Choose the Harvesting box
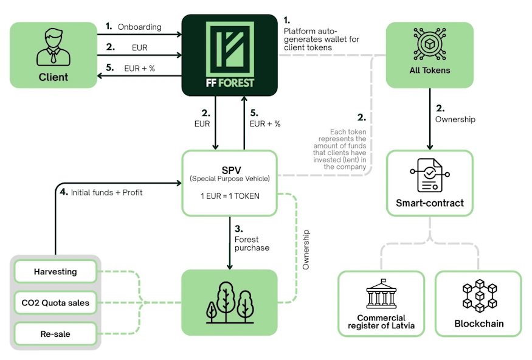point(55,272)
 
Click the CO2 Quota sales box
point(55,302)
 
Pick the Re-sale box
point(55,333)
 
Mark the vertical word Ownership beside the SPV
point(306,249)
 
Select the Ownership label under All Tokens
point(455,119)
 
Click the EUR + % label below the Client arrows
point(139,68)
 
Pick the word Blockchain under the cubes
point(479,324)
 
